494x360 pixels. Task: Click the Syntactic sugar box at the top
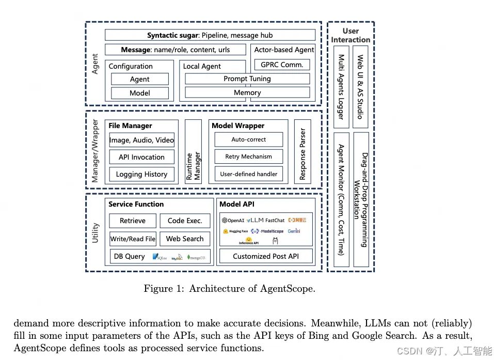pyautogui.click(x=210, y=35)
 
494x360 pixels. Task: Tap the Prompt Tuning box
pyautogui.click(x=247, y=79)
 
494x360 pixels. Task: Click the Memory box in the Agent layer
pyautogui.click(x=247, y=93)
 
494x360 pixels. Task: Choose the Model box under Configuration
pyautogui.click(x=140, y=93)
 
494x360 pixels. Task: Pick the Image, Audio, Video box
pyautogui.click(x=141, y=140)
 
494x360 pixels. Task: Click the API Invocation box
pyautogui.click(x=141, y=157)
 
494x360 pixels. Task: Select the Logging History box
pyautogui.click(x=141, y=174)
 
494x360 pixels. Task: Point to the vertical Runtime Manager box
pyautogui.click(x=193, y=152)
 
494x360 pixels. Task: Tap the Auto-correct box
pyautogui.click(x=248, y=139)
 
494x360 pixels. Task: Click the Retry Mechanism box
pyautogui.click(x=248, y=156)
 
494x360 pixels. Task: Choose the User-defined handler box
pyautogui.click(x=248, y=174)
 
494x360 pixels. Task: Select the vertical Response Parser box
pyautogui.click(x=302, y=152)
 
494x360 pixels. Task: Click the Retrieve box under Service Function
pyautogui.click(x=133, y=221)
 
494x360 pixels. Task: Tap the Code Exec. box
pyautogui.click(x=185, y=221)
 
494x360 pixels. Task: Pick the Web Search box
pyautogui.click(x=185, y=239)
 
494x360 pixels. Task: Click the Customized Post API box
pyautogui.click(x=265, y=256)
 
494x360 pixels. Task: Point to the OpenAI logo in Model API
pyautogui.click(x=233, y=221)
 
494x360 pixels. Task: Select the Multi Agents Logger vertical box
pyautogui.click(x=341, y=86)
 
